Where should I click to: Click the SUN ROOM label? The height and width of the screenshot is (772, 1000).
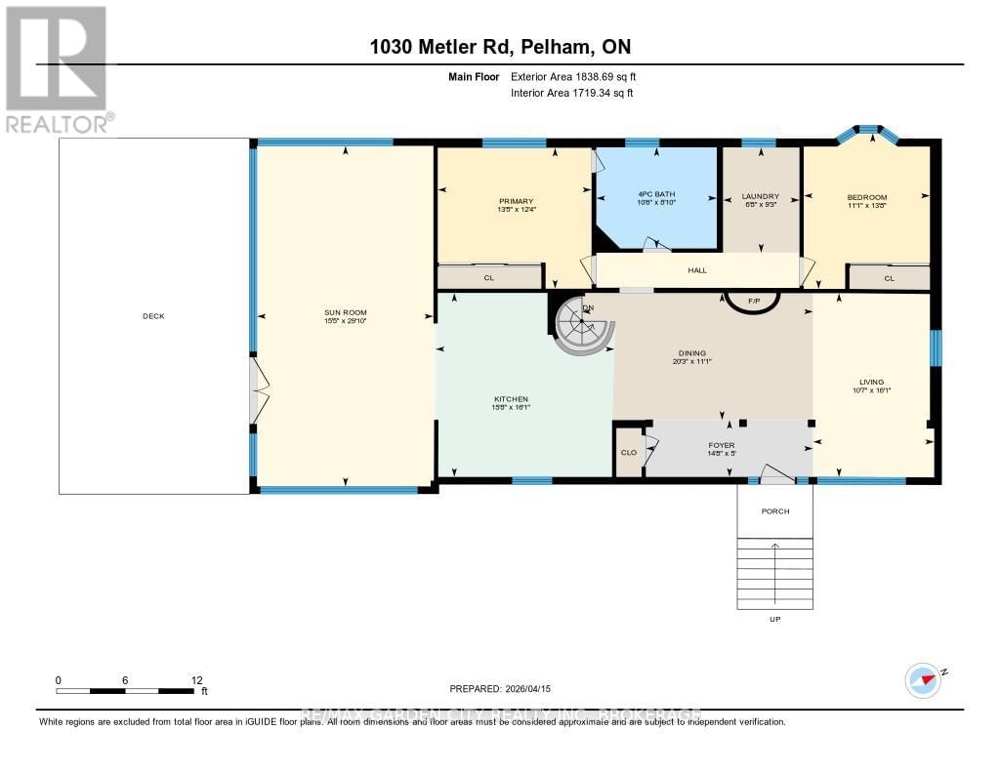click(344, 312)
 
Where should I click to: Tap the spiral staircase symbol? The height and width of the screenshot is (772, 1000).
click(583, 329)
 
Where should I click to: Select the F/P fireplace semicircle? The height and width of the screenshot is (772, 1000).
click(753, 303)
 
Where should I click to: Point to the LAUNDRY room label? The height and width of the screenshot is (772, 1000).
click(760, 195)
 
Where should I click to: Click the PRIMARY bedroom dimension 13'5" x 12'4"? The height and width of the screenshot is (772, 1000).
click(517, 210)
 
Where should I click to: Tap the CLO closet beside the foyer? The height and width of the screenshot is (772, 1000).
click(629, 453)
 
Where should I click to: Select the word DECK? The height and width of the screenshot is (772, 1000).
click(154, 315)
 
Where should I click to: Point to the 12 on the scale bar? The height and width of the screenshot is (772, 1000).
click(196, 680)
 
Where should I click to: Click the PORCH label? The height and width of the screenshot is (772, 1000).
click(774, 511)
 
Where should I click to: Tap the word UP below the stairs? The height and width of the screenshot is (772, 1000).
click(775, 619)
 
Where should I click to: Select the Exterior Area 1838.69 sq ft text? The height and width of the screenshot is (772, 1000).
click(573, 77)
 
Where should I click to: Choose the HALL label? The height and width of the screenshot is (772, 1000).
click(696, 270)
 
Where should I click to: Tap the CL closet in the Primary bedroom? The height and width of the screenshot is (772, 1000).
click(489, 277)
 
